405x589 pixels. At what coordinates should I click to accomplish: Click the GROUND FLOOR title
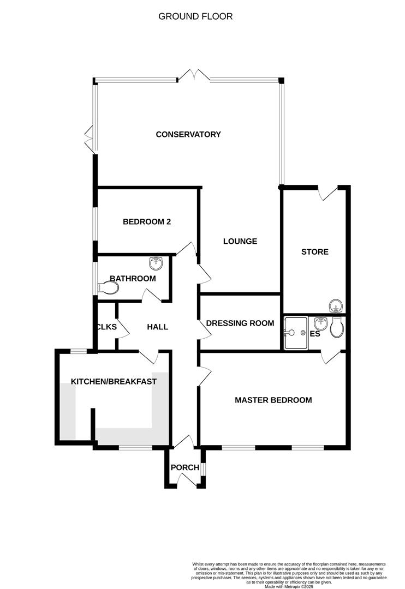coord(195,16)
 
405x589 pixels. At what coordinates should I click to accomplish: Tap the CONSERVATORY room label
coord(188,134)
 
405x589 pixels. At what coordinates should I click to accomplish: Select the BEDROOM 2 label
coord(147,221)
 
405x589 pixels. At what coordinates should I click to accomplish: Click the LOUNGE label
coord(240,241)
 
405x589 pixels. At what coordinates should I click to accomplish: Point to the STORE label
coord(315,251)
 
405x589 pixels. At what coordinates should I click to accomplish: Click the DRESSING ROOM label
coord(240,323)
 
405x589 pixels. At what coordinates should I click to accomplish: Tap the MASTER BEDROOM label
coord(273,400)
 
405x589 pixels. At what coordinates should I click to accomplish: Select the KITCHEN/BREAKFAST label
coord(114,382)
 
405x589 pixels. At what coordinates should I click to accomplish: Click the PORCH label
coord(184,467)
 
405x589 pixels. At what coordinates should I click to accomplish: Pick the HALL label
coord(158,327)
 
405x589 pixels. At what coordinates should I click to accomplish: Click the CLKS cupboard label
coord(107,327)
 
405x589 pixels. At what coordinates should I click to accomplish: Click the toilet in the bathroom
coord(108,288)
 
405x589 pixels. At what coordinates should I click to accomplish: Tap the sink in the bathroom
coord(156,263)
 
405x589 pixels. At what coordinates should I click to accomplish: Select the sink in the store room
coord(335,306)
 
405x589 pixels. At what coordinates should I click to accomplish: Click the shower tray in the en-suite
coord(296,333)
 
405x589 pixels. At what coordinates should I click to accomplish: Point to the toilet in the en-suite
coord(337,327)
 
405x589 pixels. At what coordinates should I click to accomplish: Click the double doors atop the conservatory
coord(194,75)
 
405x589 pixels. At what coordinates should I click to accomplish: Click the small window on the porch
coord(202,469)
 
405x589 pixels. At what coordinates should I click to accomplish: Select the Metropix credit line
coord(289,586)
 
